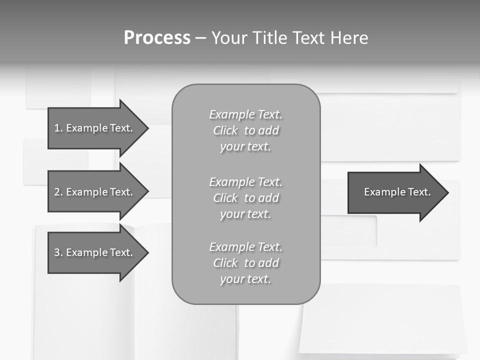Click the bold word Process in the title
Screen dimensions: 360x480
tap(157, 38)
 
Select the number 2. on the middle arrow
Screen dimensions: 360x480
tap(58, 192)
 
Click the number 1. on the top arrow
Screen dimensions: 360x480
tap(58, 128)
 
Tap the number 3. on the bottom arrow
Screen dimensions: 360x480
tap(58, 252)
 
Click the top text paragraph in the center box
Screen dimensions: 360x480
tap(245, 130)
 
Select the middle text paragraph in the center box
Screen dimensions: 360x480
tap(245, 198)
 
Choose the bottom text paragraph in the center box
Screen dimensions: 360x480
tap(245, 263)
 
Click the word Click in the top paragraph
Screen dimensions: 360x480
tap(225, 130)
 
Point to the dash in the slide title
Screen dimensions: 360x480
tap(200, 38)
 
